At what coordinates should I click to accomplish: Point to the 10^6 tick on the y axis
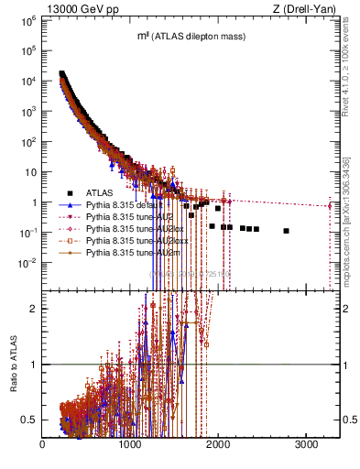click(28, 20)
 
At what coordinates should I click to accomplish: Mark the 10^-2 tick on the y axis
click(28, 263)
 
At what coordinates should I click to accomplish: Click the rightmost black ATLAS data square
click(287, 231)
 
